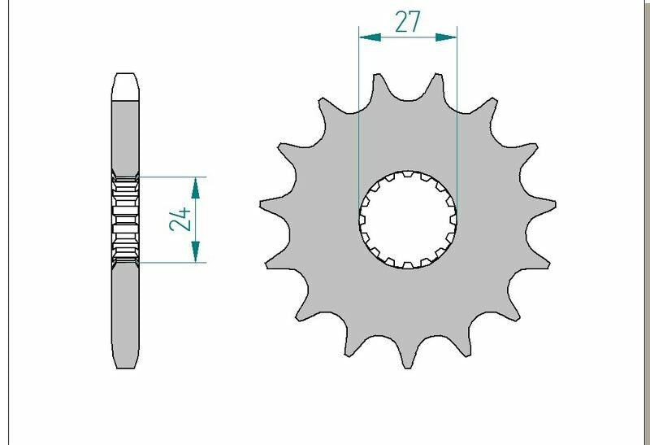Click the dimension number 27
408,22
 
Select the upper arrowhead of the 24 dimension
195,188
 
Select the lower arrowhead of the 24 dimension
195,251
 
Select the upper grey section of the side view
125,134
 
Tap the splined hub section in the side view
125,219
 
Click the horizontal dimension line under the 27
408,37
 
